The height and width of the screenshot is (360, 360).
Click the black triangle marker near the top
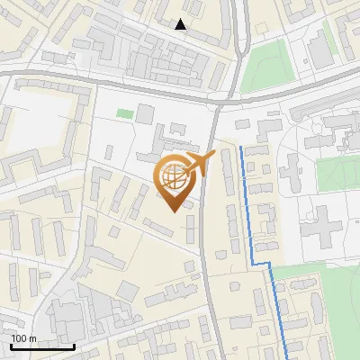(x=181, y=24)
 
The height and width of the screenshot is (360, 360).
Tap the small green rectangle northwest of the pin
(x=123, y=114)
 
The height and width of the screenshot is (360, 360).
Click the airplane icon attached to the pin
(x=199, y=164)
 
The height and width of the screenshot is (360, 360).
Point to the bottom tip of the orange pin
(x=173, y=211)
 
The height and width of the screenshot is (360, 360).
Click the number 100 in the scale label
(x=19, y=338)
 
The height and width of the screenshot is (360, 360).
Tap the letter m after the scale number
(x=32, y=338)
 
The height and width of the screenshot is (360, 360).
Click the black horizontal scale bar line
(x=42, y=346)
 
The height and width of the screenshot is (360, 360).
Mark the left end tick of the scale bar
(x=12, y=345)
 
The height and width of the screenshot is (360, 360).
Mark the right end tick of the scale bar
(x=74, y=345)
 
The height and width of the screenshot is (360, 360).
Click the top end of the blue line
(x=241, y=147)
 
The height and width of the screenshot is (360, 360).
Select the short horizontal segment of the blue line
(x=261, y=263)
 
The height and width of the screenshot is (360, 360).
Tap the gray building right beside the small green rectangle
(x=145, y=115)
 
